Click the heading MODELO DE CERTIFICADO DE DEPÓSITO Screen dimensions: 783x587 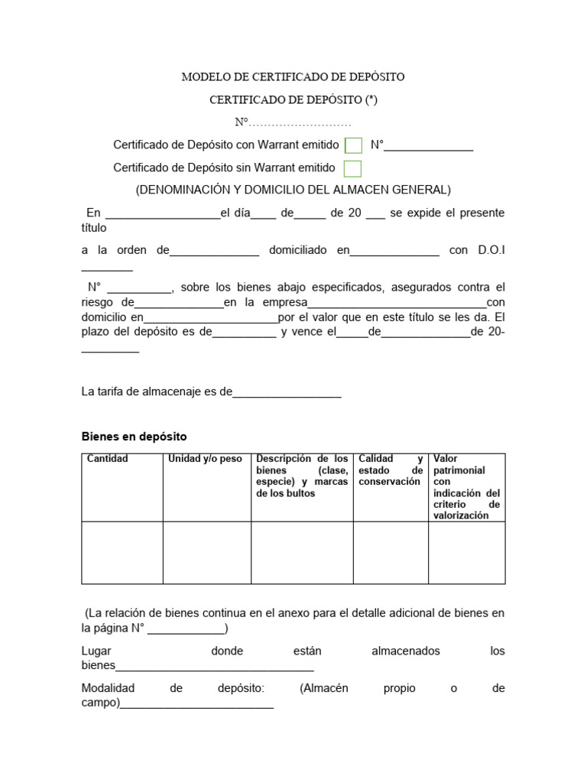(x=293, y=77)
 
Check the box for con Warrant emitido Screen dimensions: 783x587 (x=353, y=145)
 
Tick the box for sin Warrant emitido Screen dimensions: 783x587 (x=352, y=168)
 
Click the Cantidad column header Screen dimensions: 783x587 (x=108, y=459)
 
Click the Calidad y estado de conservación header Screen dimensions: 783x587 (x=391, y=470)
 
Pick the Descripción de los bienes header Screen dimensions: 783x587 (x=302, y=476)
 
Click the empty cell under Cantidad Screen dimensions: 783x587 (x=122, y=553)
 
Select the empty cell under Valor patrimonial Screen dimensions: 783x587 (x=466, y=553)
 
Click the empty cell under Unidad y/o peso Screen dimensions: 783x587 (x=206, y=553)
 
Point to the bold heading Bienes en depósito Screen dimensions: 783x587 (x=134, y=437)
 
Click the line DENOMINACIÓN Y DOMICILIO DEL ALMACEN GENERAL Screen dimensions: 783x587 (x=293, y=190)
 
